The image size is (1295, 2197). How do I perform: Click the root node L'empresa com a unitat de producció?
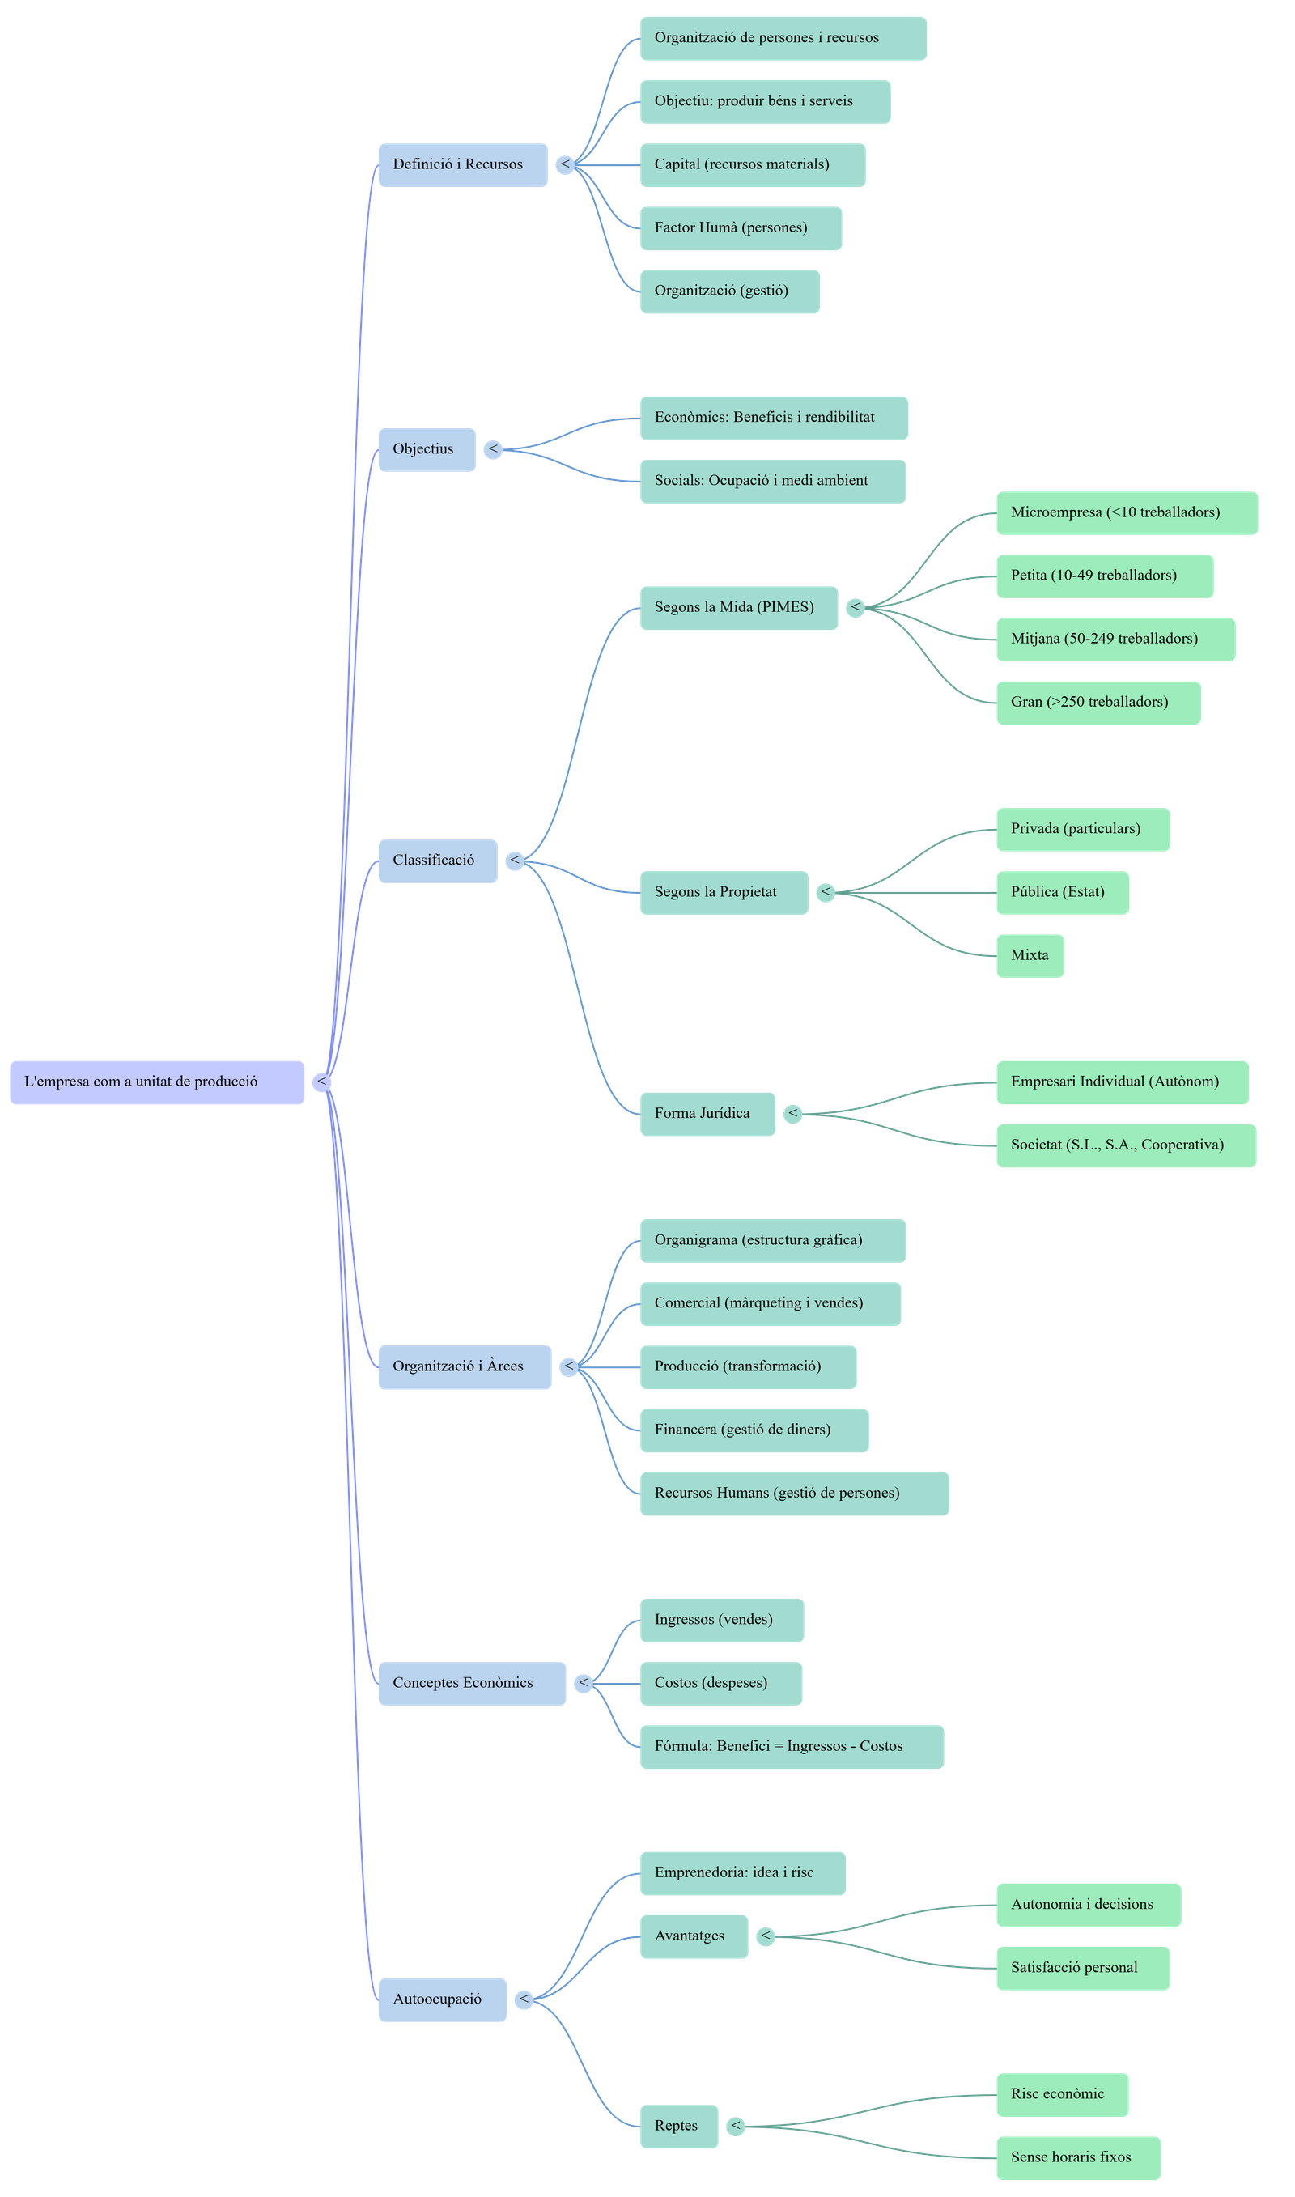[157, 1082]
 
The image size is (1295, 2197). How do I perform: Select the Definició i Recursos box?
[462, 165]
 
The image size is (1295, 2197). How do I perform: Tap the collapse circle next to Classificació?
[515, 861]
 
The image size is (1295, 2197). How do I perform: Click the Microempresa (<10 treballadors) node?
[1127, 513]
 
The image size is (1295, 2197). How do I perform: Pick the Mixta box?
[1030, 955]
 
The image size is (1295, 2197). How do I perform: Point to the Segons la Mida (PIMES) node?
[738, 608]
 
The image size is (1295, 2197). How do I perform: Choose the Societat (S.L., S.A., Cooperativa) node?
[1126, 1145]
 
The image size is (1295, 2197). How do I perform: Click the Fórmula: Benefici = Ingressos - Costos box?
[792, 1747]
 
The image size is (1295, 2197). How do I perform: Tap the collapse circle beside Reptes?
[737, 2127]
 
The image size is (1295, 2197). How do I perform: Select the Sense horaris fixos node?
[1078, 2157]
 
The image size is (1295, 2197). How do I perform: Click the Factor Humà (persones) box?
[741, 228]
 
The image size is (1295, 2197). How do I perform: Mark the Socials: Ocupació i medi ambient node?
[772, 482]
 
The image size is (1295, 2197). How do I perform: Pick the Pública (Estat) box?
[1062, 893]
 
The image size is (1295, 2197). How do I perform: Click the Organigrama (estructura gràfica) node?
[772, 1241]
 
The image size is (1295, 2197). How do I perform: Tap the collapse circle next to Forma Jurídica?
[792, 1114]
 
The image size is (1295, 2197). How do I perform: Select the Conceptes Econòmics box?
[471, 1683]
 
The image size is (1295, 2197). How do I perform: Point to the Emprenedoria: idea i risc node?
[741, 1873]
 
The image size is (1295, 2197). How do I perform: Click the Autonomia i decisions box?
[1088, 1905]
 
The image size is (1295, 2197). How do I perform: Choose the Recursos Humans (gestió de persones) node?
[794, 1494]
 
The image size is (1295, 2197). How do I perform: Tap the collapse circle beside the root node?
[322, 1082]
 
